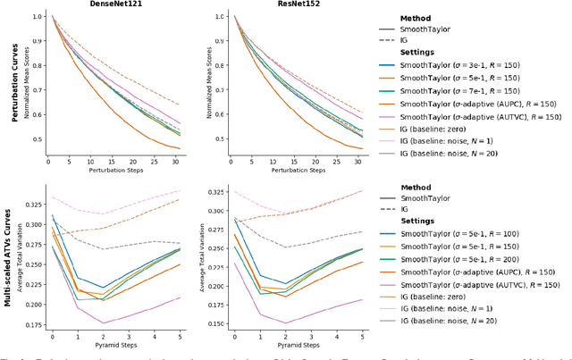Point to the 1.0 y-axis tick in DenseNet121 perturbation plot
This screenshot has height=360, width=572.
point(36,16)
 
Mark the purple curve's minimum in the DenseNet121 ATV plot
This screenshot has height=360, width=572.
point(103,322)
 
